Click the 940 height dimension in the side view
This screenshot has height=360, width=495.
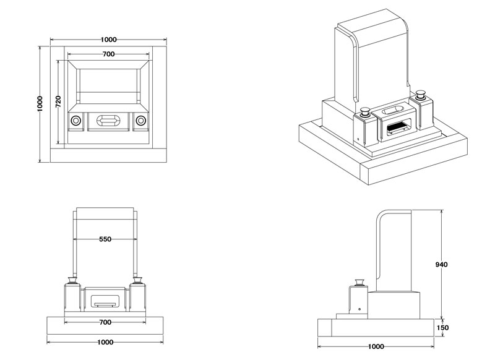(441, 264)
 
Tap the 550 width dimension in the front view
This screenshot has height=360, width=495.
(105, 239)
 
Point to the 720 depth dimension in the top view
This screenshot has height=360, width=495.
(58, 102)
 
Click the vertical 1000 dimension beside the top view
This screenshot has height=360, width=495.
(40, 103)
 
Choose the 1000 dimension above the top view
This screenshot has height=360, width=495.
(108, 40)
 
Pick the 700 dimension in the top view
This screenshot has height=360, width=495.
(108, 54)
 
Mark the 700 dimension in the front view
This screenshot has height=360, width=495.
(105, 322)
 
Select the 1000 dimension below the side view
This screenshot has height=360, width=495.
(376, 346)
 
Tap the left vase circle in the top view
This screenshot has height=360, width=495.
(75, 120)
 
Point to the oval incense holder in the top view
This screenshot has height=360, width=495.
(109, 120)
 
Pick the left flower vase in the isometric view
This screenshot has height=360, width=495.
(364, 112)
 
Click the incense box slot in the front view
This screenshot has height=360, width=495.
(105, 302)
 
